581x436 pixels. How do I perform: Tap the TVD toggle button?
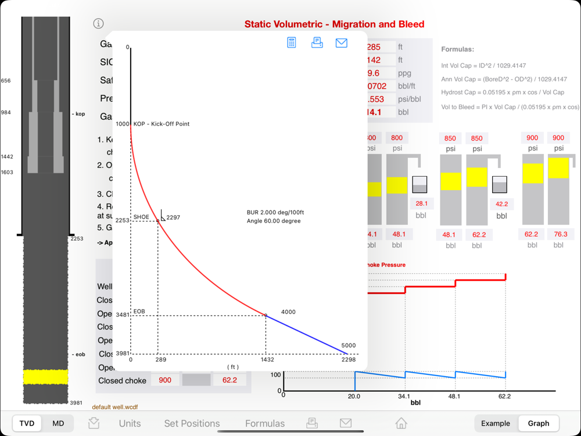[27, 423]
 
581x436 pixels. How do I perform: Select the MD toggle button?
[58, 423]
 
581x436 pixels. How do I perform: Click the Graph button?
[538, 423]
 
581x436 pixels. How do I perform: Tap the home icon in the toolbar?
[401, 423]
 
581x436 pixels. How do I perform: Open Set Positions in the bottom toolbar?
[192, 423]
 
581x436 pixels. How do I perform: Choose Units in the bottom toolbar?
[130, 423]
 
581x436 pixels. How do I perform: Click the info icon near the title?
[98, 23]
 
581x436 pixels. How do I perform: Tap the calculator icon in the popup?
[292, 42]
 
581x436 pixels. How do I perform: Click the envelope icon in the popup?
[341, 42]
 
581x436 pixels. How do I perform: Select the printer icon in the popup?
[317, 42]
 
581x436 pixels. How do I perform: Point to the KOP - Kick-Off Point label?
[162, 124]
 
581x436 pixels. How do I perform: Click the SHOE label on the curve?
[141, 217]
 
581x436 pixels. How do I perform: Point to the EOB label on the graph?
[139, 312]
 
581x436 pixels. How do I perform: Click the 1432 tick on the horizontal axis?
[266, 360]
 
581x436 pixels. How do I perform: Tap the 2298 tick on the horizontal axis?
[348, 360]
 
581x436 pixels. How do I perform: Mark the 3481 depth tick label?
[123, 315]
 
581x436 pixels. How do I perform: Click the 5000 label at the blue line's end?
[348, 345]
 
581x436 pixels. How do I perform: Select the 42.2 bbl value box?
[501, 204]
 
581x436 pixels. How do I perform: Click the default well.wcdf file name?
[115, 407]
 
